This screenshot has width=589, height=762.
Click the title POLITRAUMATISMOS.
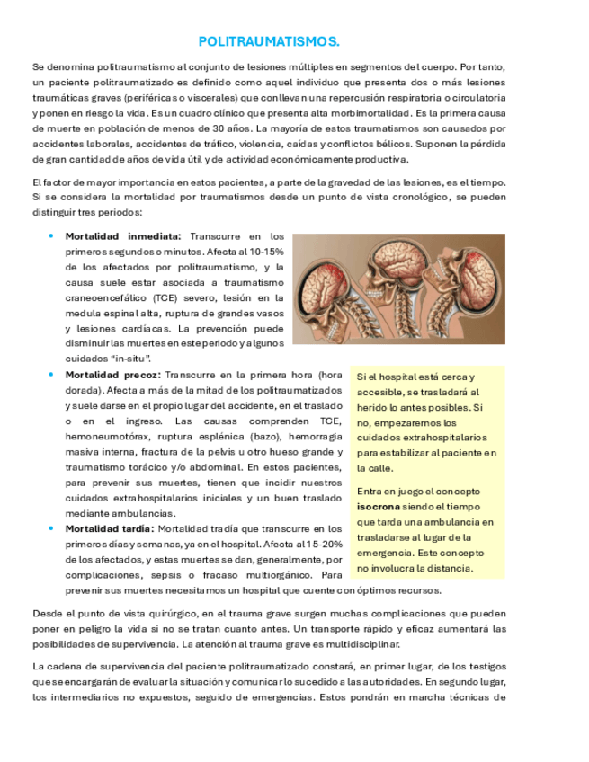tap(269, 42)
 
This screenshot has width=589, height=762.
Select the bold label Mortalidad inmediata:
tap(123, 236)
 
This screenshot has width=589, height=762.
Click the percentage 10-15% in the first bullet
tap(264, 252)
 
